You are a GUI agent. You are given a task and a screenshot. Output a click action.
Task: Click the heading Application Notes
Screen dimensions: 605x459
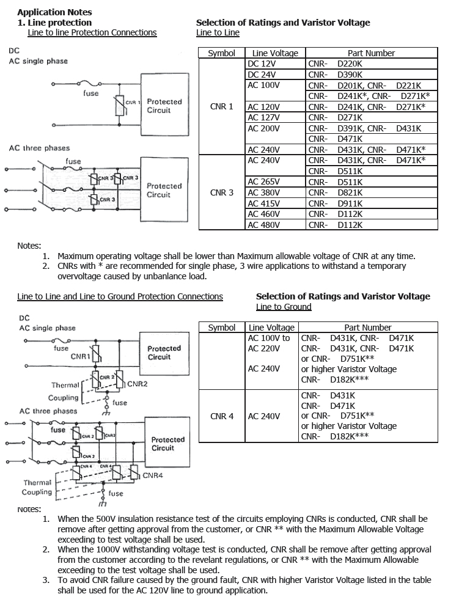[54, 12]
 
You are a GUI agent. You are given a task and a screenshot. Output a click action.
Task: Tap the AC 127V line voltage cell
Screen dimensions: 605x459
[263, 117]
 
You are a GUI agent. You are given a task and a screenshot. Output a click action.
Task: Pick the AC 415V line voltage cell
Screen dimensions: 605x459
[263, 204]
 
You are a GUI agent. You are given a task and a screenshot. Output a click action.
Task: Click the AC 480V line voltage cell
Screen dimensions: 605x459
[263, 225]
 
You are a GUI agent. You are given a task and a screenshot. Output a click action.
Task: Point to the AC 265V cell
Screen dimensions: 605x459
[263, 182]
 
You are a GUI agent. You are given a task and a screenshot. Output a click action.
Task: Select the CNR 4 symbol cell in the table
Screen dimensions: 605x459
[222, 416]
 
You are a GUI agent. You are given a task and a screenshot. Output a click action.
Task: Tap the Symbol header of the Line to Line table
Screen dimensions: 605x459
[222, 53]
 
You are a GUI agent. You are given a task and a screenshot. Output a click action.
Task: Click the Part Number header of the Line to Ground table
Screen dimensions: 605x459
[368, 328]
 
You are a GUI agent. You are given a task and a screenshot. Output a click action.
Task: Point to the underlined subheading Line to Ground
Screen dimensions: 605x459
[284, 307]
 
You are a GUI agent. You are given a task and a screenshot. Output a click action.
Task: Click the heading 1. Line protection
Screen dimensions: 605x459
[54, 23]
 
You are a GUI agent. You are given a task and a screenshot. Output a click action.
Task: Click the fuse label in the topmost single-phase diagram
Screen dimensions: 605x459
[91, 94]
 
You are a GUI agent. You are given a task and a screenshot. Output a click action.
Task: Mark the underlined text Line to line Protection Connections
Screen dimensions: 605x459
[92, 32]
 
